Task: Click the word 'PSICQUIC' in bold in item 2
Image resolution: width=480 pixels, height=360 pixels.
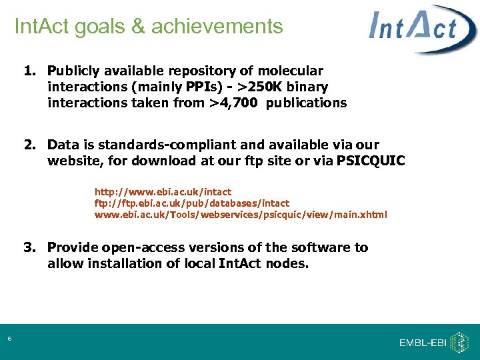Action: pyautogui.click(x=371, y=161)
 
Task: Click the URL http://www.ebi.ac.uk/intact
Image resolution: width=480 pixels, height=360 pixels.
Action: pyautogui.click(x=163, y=192)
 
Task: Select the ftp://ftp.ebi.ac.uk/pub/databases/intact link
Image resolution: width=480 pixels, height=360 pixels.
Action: pyautogui.click(x=192, y=203)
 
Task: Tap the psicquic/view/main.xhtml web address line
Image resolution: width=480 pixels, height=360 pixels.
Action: pyautogui.click(x=241, y=215)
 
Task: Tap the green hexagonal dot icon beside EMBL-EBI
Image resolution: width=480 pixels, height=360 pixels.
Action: pyautogui.click(x=459, y=342)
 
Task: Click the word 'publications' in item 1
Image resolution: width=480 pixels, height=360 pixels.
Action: pyautogui.click(x=306, y=103)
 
